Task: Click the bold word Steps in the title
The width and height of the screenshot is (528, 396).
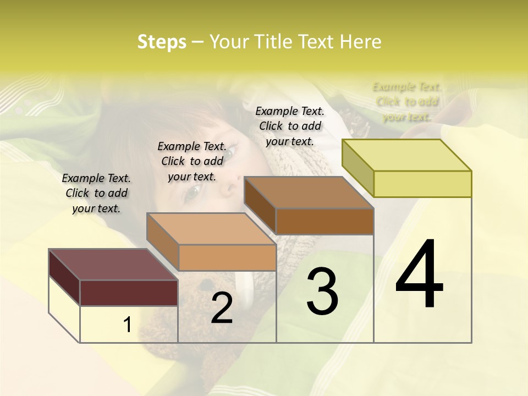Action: [x=162, y=42]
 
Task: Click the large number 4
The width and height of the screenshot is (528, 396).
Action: [x=420, y=275]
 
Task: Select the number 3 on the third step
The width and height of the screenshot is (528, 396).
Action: [x=322, y=291]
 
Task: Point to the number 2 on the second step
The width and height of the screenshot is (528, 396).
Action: [x=222, y=309]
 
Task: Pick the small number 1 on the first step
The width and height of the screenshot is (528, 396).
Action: [x=128, y=325]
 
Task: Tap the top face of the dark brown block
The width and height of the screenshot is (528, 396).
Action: [x=308, y=193]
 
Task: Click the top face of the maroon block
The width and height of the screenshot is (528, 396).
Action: [x=113, y=265]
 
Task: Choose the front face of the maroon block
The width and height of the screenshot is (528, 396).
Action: [x=129, y=293]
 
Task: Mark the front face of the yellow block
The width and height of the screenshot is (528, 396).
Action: [x=422, y=184]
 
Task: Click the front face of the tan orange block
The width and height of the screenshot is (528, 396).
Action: [x=227, y=257]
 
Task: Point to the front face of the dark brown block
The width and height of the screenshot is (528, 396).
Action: [x=324, y=221]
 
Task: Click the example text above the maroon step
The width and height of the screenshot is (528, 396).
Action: [x=96, y=193]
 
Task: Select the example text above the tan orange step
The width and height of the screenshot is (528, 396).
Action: [x=192, y=161]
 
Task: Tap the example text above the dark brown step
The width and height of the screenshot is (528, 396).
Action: [x=290, y=126]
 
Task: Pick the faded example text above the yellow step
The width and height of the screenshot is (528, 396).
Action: [x=407, y=102]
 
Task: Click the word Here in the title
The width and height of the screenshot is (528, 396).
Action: [x=360, y=42]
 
